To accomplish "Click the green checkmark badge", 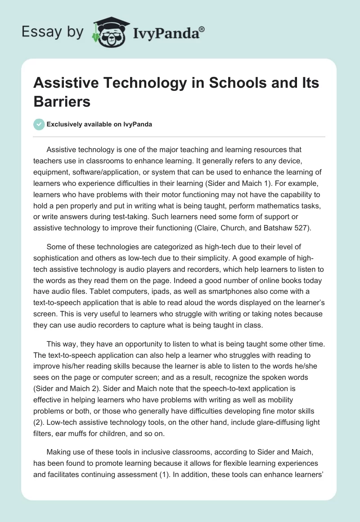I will click(39, 124).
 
